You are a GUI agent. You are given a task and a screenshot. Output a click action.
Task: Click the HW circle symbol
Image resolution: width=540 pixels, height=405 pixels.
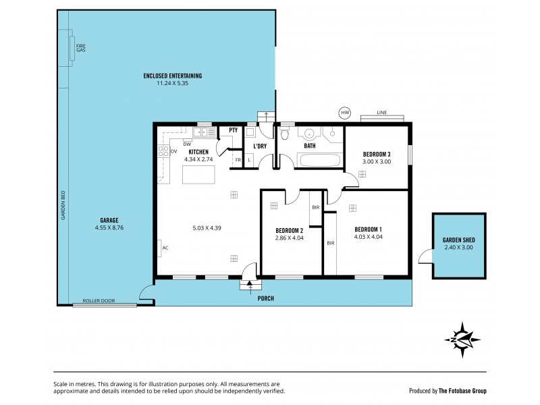point(345,113)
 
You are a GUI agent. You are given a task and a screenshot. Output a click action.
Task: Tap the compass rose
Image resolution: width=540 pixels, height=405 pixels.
point(462,340)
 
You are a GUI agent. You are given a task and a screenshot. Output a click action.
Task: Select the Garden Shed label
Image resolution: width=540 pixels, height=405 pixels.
point(459,240)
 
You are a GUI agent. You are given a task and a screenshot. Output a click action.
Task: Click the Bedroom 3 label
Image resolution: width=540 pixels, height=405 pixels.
point(377,155)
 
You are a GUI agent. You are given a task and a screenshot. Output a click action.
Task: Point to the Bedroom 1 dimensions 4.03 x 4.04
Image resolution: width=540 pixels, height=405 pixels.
point(369,237)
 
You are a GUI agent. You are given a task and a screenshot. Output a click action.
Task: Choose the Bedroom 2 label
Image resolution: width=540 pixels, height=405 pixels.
point(290,230)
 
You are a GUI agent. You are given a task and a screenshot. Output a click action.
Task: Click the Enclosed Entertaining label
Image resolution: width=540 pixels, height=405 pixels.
point(173,76)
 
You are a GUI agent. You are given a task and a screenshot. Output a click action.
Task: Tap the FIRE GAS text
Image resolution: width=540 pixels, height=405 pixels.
point(80,48)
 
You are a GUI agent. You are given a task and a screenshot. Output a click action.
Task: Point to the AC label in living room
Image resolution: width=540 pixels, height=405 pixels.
point(165,248)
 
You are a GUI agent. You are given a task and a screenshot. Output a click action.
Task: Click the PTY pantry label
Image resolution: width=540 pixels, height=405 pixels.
point(233,130)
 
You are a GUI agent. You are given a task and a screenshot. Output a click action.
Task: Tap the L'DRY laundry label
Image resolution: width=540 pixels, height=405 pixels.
point(260,146)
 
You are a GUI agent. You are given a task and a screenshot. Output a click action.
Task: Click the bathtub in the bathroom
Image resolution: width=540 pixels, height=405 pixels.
point(319,161)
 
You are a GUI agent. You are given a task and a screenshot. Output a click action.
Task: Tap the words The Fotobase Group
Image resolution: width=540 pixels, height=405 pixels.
point(462,391)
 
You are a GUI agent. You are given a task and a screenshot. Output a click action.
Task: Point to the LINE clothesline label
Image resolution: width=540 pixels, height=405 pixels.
point(381,112)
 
